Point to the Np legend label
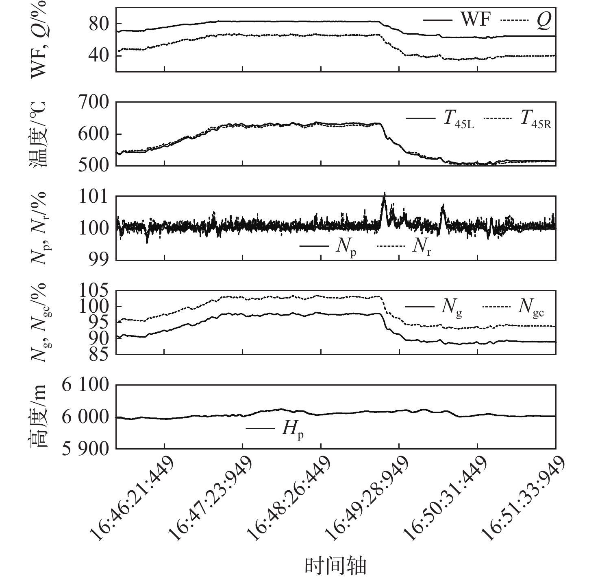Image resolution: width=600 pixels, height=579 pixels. point(346,247)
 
